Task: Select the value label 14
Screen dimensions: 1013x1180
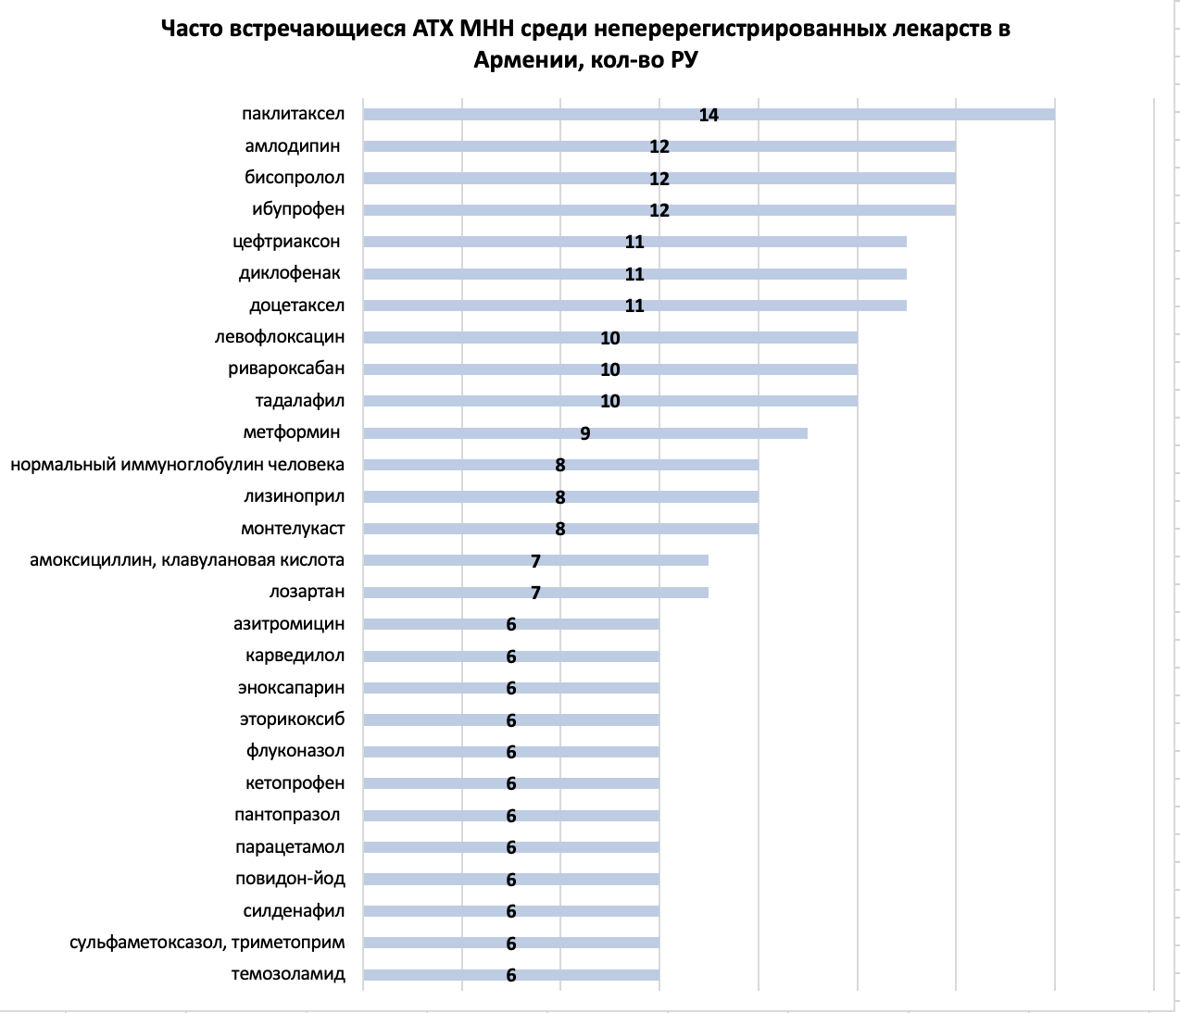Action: [x=709, y=115]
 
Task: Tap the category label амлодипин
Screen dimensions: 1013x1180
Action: [x=293, y=146]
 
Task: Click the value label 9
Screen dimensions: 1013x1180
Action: [x=585, y=433]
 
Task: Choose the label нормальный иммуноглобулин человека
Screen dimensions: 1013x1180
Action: [x=178, y=465]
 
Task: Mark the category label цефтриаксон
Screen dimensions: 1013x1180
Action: [x=286, y=242]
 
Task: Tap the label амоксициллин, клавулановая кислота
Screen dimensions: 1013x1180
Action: [x=187, y=560]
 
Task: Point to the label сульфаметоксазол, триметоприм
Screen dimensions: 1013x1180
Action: [x=207, y=943]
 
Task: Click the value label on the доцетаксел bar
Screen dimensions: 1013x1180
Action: [x=634, y=306]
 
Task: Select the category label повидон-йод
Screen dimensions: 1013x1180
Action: [x=290, y=879]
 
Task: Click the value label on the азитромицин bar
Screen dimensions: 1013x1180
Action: [x=511, y=625]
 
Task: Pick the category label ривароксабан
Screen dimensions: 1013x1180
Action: [x=286, y=369]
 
